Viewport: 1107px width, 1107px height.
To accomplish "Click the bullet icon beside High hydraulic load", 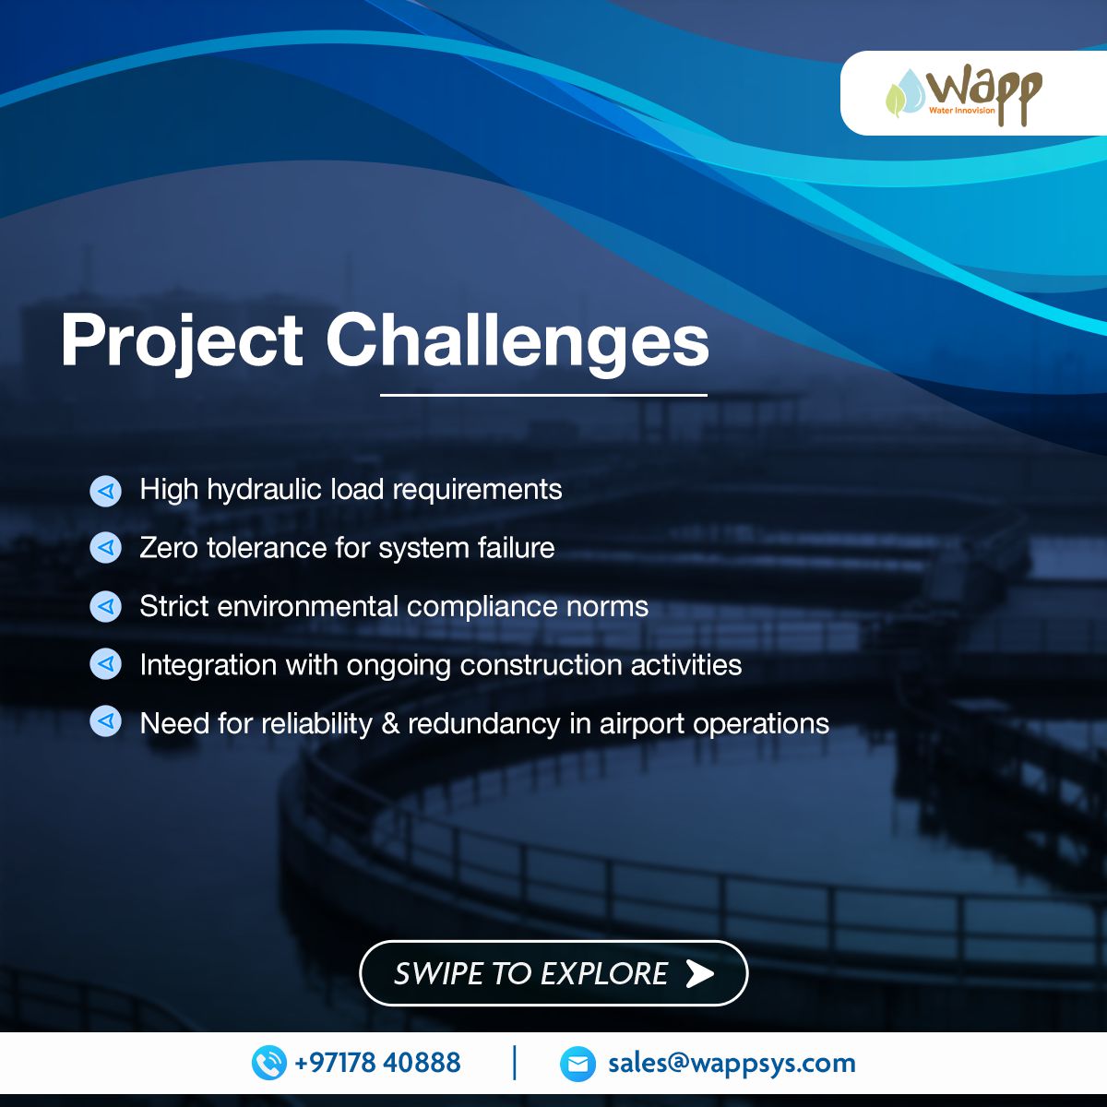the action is pyautogui.click(x=106, y=491).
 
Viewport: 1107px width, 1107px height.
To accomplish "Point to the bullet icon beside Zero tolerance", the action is pyautogui.click(x=106, y=547).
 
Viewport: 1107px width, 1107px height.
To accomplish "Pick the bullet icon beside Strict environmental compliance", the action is pyautogui.click(x=106, y=607).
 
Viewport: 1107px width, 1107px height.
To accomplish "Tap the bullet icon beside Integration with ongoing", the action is pyautogui.click(x=106, y=664).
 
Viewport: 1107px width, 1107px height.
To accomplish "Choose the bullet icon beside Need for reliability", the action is pyautogui.click(x=106, y=721).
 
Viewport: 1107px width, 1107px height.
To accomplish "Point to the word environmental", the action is pyautogui.click(x=308, y=606).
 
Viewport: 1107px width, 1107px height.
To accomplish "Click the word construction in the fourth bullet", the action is pyautogui.click(x=542, y=664).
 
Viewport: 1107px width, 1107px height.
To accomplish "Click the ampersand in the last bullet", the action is pyautogui.click(x=390, y=722).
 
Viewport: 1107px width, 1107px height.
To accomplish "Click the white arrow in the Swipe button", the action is pyautogui.click(x=699, y=973).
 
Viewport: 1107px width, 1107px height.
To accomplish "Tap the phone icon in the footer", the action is pyautogui.click(x=268, y=1063).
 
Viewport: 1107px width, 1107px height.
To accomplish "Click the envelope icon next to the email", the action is pyautogui.click(x=577, y=1064).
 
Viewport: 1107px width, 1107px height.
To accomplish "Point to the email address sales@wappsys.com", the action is pyautogui.click(x=732, y=1064).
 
